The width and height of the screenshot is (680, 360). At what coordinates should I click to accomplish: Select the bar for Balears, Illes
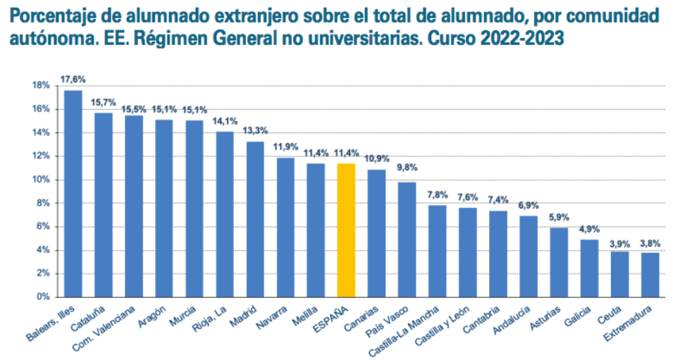pyautogui.click(x=73, y=193)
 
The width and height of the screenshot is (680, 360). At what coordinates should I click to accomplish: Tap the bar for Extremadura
pyautogui.click(x=650, y=274)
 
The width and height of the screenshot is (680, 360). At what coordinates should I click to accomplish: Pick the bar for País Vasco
pyautogui.click(x=407, y=239)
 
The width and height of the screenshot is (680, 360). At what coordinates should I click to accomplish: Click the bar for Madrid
pyautogui.click(x=255, y=219)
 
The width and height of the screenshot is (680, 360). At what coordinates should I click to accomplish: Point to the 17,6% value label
pyautogui.click(x=73, y=79)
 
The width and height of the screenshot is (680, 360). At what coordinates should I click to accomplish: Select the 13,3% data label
pyautogui.click(x=255, y=130)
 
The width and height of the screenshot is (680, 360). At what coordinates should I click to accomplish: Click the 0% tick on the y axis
pyautogui.click(x=43, y=297)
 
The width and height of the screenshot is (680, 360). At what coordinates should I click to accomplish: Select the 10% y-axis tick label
pyautogui.click(x=41, y=180)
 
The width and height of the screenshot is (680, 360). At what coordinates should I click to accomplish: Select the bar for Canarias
pyautogui.click(x=376, y=232)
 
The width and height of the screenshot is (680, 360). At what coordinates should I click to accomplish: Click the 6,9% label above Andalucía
pyautogui.click(x=528, y=205)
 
